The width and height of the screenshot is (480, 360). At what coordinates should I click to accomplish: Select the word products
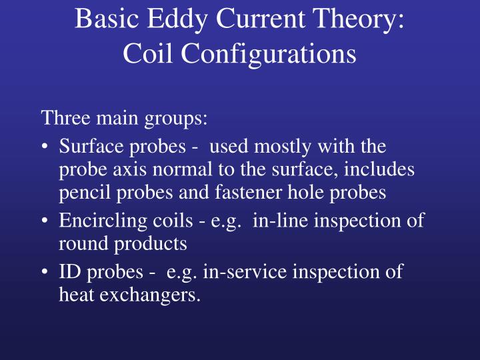point(155,244)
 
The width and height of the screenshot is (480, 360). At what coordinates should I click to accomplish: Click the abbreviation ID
point(70,271)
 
